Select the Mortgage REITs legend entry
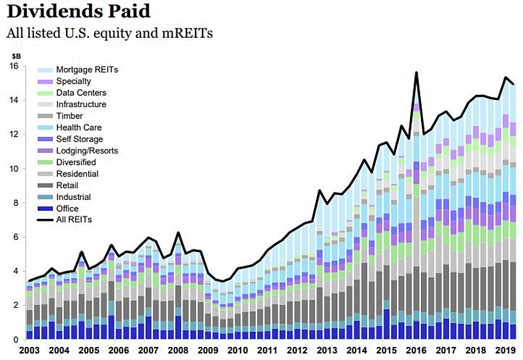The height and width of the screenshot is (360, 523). pyautogui.click(x=87, y=69)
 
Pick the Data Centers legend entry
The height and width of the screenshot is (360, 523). pyautogui.click(x=81, y=93)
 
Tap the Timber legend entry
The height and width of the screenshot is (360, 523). pyautogui.click(x=69, y=116)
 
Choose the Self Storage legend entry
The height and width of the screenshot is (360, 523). pyautogui.click(x=79, y=139)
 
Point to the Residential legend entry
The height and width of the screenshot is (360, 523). pyautogui.click(x=77, y=174)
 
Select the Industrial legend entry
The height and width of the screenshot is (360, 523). pyautogui.click(x=73, y=197)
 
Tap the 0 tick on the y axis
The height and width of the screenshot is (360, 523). pyautogui.click(x=16, y=340)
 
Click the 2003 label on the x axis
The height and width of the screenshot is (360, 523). pyautogui.click(x=29, y=350)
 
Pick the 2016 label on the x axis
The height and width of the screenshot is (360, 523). pyautogui.click(x=416, y=350)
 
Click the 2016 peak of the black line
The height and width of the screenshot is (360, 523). pyautogui.click(x=416, y=73)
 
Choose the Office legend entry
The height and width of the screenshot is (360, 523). pyautogui.click(x=67, y=208)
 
